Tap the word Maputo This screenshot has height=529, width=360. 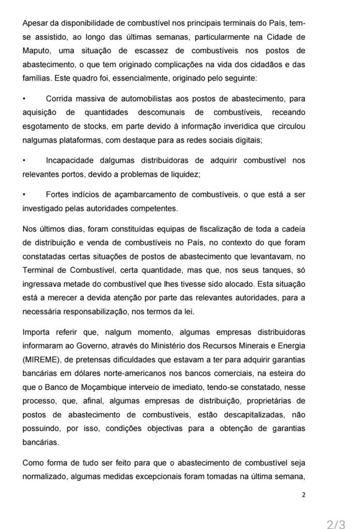(x=36, y=50)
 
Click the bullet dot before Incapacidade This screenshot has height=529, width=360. (x=24, y=161)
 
